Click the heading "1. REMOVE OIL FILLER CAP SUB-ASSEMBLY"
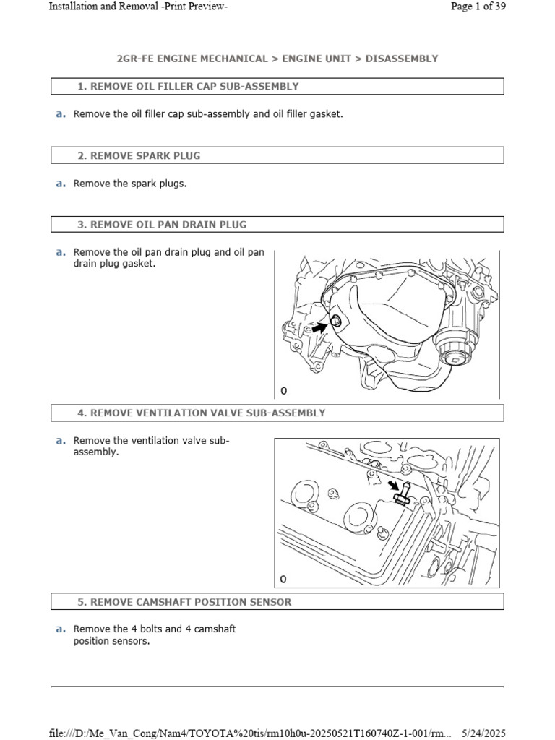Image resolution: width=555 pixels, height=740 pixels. (187, 87)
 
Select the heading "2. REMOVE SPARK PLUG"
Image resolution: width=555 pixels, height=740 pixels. (139, 155)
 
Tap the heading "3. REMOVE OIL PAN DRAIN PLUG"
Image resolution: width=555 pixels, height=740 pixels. (161, 225)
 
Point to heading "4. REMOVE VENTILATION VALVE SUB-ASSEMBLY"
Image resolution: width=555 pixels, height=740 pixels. (201, 413)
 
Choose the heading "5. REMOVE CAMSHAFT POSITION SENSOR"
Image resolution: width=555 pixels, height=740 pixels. (184, 602)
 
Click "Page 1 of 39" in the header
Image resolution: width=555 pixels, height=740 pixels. (478, 7)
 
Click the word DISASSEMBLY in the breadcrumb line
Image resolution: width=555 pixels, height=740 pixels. (401, 59)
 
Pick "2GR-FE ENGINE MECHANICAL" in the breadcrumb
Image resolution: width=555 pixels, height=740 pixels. (192, 59)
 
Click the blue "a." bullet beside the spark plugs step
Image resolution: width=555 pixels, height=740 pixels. (61, 184)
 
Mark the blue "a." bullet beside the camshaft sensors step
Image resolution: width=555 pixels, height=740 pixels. (61, 629)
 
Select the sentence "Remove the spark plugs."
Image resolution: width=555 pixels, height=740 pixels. (130, 184)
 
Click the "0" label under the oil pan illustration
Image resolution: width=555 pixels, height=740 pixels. (283, 391)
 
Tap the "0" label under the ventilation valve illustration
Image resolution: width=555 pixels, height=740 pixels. (283, 580)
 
